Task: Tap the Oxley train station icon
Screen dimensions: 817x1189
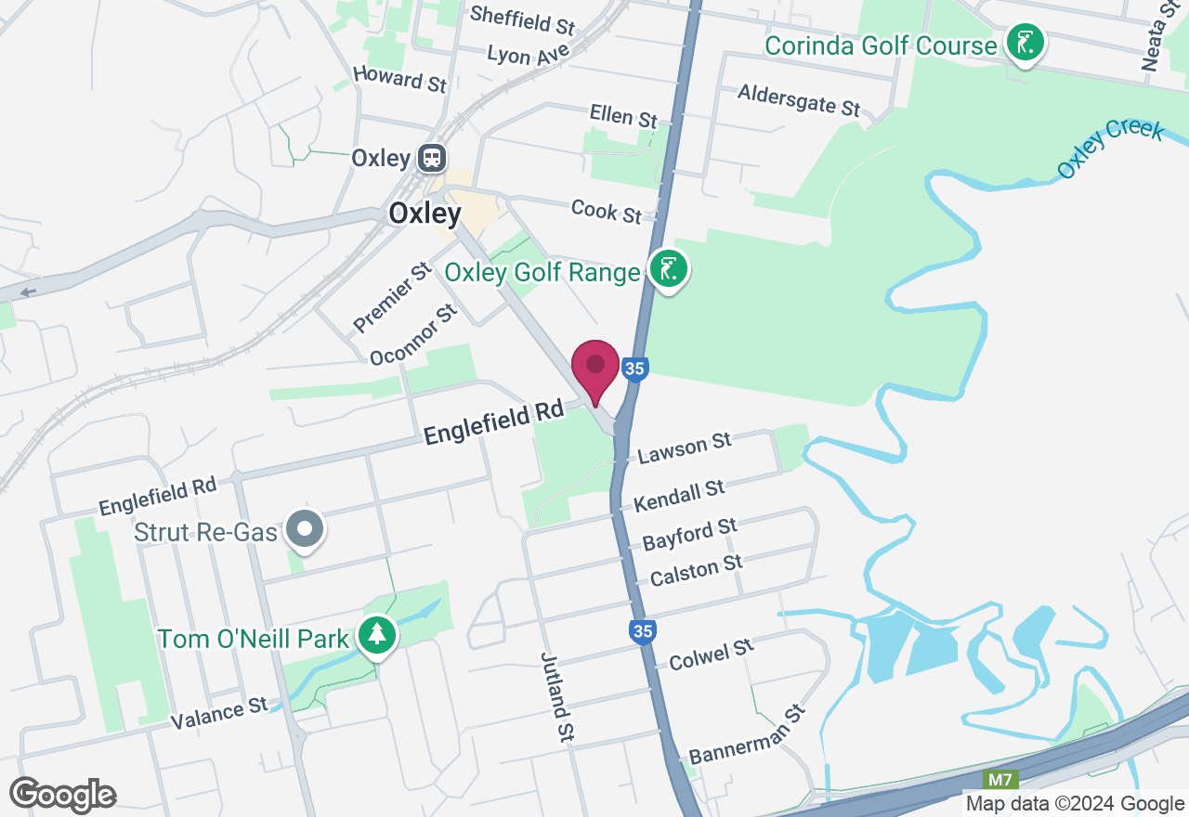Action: (x=431, y=158)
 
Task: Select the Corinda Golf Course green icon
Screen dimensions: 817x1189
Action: (x=1024, y=43)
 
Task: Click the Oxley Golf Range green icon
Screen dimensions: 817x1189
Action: (x=668, y=270)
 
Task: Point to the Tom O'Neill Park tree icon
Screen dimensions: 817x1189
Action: (x=376, y=636)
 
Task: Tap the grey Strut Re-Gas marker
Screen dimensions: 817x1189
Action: (x=304, y=530)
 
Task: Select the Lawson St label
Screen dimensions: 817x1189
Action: (x=685, y=448)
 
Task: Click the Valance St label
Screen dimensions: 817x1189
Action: (x=218, y=714)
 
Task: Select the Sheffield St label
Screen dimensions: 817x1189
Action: (x=522, y=19)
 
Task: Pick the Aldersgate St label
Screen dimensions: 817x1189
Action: (x=799, y=99)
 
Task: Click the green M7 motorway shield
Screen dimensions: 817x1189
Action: (x=1001, y=779)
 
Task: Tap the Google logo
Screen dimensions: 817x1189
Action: (x=62, y=795)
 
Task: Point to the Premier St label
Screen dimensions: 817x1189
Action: (x=392, y=297)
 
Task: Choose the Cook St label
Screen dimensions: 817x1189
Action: (x=606, y=211)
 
